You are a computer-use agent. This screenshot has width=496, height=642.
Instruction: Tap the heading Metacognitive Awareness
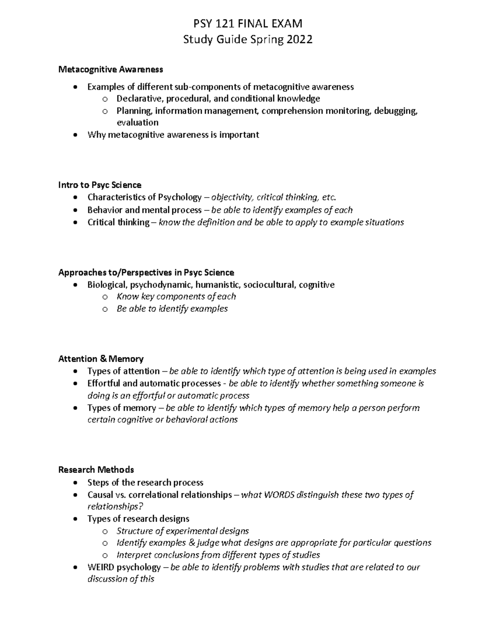(111, 69)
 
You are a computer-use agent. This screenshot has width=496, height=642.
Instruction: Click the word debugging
(396, 111)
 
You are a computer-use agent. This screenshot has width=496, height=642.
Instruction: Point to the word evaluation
(138, 123)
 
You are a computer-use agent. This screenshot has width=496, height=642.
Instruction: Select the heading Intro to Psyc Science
(100, 185)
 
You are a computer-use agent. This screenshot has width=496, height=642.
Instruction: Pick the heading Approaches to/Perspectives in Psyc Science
(146, 272)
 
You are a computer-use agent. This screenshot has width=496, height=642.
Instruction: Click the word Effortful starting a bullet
(104, 384)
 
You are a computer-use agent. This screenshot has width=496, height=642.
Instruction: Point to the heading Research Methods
(96, 470)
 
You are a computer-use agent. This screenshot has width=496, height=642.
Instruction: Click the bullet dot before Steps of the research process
(74, 483)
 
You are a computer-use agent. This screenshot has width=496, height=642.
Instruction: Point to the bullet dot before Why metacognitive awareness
(74, 135)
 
